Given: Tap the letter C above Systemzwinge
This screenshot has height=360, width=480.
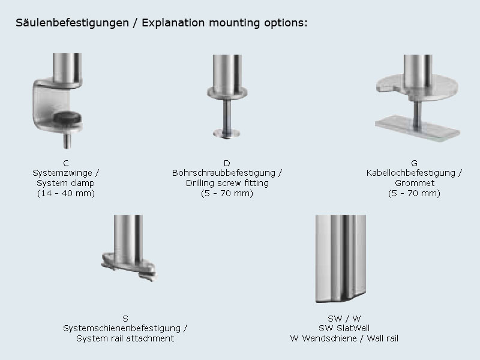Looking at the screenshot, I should coord(65,163).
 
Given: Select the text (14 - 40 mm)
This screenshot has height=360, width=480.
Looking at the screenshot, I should coord(65,193).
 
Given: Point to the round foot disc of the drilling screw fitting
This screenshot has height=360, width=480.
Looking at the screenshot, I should coord(227,133).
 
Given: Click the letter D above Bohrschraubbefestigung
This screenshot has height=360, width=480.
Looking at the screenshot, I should coord(227,163).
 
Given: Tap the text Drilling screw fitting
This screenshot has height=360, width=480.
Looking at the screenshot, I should coord(227,183).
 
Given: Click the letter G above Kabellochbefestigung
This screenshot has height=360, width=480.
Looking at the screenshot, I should coord(414,163).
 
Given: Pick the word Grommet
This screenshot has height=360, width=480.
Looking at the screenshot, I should coord(414,183).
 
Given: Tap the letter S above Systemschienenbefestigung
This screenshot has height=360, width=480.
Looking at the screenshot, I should coord(125,319).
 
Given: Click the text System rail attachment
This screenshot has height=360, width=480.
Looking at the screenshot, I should coord(125,338).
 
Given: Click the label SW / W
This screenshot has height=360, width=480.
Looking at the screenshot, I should coord(344,319).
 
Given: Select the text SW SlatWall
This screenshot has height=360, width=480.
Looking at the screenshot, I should coord(344,328).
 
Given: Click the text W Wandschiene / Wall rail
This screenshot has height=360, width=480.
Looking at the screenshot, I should coord(344,338).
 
